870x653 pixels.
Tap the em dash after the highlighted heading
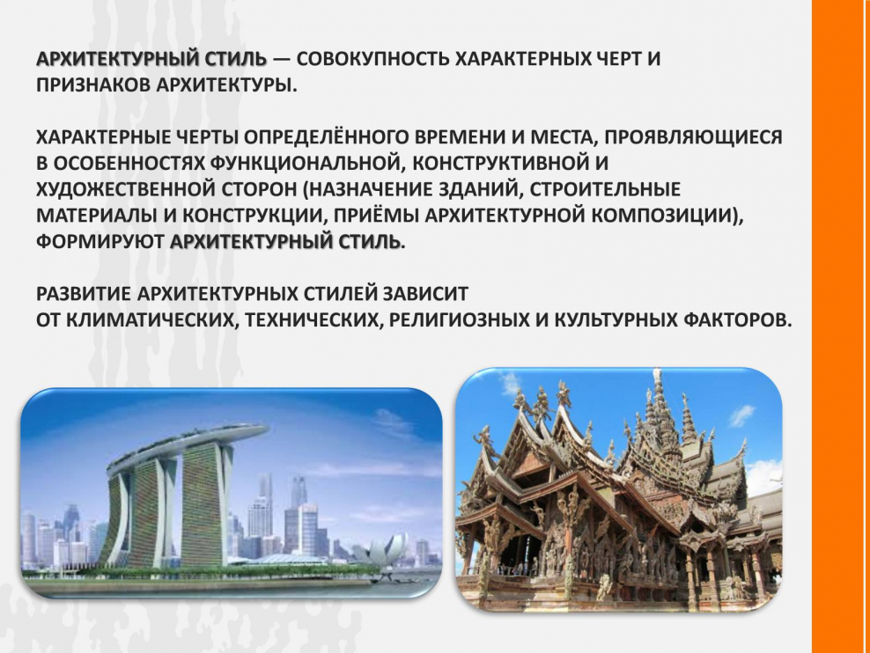[282, 60]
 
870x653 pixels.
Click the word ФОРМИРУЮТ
[100, 242]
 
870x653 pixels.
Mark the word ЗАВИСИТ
[431, 293]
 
